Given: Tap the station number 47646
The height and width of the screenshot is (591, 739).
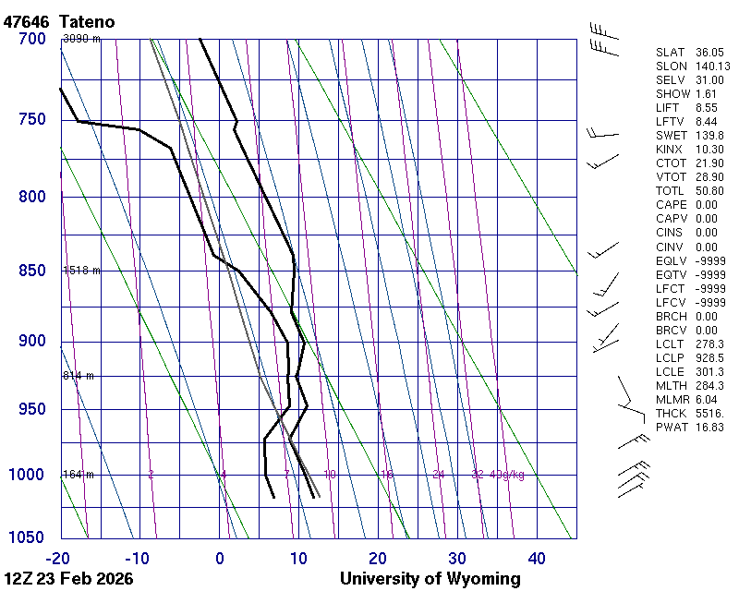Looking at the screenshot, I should click(29, 20).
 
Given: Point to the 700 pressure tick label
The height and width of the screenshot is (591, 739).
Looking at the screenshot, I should click(31, 39).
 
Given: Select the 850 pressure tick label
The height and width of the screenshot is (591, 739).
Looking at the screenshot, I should click(31, 271).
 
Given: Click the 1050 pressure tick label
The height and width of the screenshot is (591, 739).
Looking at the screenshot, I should click(28, 537).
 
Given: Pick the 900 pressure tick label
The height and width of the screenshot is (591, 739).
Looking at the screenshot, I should click(31, 342).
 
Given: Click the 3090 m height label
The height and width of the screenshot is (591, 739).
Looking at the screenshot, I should click(81, 39).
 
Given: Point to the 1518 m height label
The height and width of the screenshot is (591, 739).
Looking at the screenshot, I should click(81, 271).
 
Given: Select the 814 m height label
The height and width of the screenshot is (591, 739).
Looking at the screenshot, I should click(79, 376).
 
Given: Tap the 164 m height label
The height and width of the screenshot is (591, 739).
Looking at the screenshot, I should click(79, 475).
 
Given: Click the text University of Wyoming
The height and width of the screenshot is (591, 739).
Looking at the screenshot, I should click(430, 579).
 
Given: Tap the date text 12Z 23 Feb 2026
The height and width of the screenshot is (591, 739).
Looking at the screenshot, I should click(68, 579).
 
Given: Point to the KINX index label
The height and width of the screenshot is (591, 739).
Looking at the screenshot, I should click(670, 150).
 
